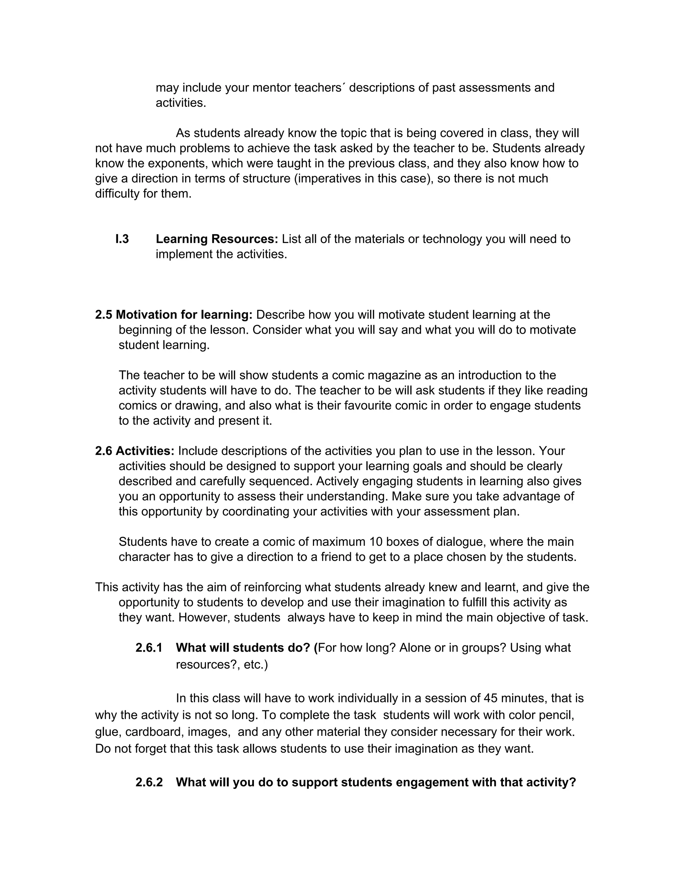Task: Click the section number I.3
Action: pyautogui.click(x=122, y=239)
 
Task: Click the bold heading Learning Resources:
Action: pyautogui.click(x=216, y=239)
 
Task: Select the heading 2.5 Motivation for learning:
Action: pyautogui.click(x=174, y=315)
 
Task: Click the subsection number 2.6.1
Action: pyautogui.click(x=149, y=648)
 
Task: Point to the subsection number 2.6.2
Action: pyautogui.click(x=149, y=782)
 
